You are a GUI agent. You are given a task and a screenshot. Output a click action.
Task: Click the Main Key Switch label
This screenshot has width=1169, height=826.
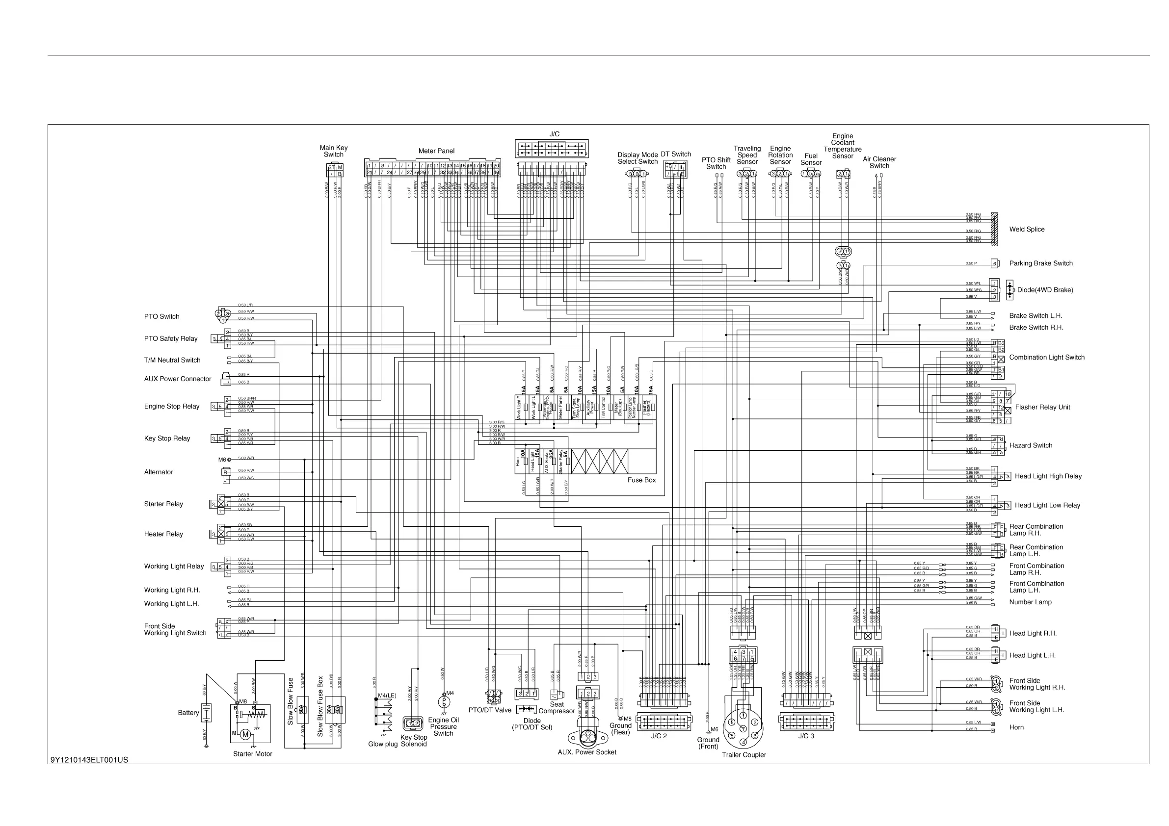pyautogui.click(x=334, y=151)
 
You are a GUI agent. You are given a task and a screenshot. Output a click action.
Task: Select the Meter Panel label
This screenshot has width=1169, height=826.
pyautogui.click(x=436, y=151)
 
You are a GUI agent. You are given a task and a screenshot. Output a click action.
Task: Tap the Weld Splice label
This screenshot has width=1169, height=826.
pyautogui.click(x=1027, y=230)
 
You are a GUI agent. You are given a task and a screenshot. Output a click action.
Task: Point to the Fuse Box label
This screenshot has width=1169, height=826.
pyautogui.click(x=641, y=480)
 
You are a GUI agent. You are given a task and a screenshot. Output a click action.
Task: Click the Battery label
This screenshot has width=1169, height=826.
pyautogui.click(x=188, y=713)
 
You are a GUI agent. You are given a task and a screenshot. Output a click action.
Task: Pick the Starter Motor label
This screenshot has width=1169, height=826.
pyautogui.click(x=253, y=754)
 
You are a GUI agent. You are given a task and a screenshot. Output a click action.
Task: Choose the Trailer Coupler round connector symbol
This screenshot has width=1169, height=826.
pyautogui.click(x=743, y=728)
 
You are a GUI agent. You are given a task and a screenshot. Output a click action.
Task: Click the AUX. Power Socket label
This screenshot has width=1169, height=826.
pyautogui.click(x=586, y=752)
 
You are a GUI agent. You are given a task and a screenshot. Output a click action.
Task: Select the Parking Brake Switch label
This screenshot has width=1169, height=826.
pyautogui.click(x=1041, y=263)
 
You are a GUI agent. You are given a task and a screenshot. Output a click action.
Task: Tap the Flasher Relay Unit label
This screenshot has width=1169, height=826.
pyautogui.click(x=1042, y=407)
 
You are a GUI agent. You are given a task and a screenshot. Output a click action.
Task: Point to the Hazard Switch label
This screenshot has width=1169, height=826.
pyautogui.click(x=1031, y=445)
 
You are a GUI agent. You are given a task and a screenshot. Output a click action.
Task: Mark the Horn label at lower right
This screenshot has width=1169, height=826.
pyautogui.click(x=1016, y=727)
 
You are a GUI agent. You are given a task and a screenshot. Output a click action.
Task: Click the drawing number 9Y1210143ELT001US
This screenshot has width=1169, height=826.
pyautogui.click(x=89, y=760)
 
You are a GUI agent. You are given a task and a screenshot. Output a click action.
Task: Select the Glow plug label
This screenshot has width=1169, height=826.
pyautogui.click(x=383, y=744)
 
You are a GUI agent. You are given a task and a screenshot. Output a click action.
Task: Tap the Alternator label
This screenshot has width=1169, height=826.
pyautogui.click(x=159, y=472)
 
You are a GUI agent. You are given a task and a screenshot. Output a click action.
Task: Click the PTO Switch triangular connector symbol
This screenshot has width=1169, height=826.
pyautogui.click(x=222, y=315)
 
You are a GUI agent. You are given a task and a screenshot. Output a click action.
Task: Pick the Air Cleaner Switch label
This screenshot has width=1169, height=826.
pyautogui.click(x=879, y=162)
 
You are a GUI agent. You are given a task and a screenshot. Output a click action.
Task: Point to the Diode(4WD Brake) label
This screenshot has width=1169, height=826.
pyautogui.click(x=1045, y=290)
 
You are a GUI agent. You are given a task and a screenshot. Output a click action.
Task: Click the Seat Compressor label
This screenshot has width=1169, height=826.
pyautogui.click(x=557, y=708)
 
